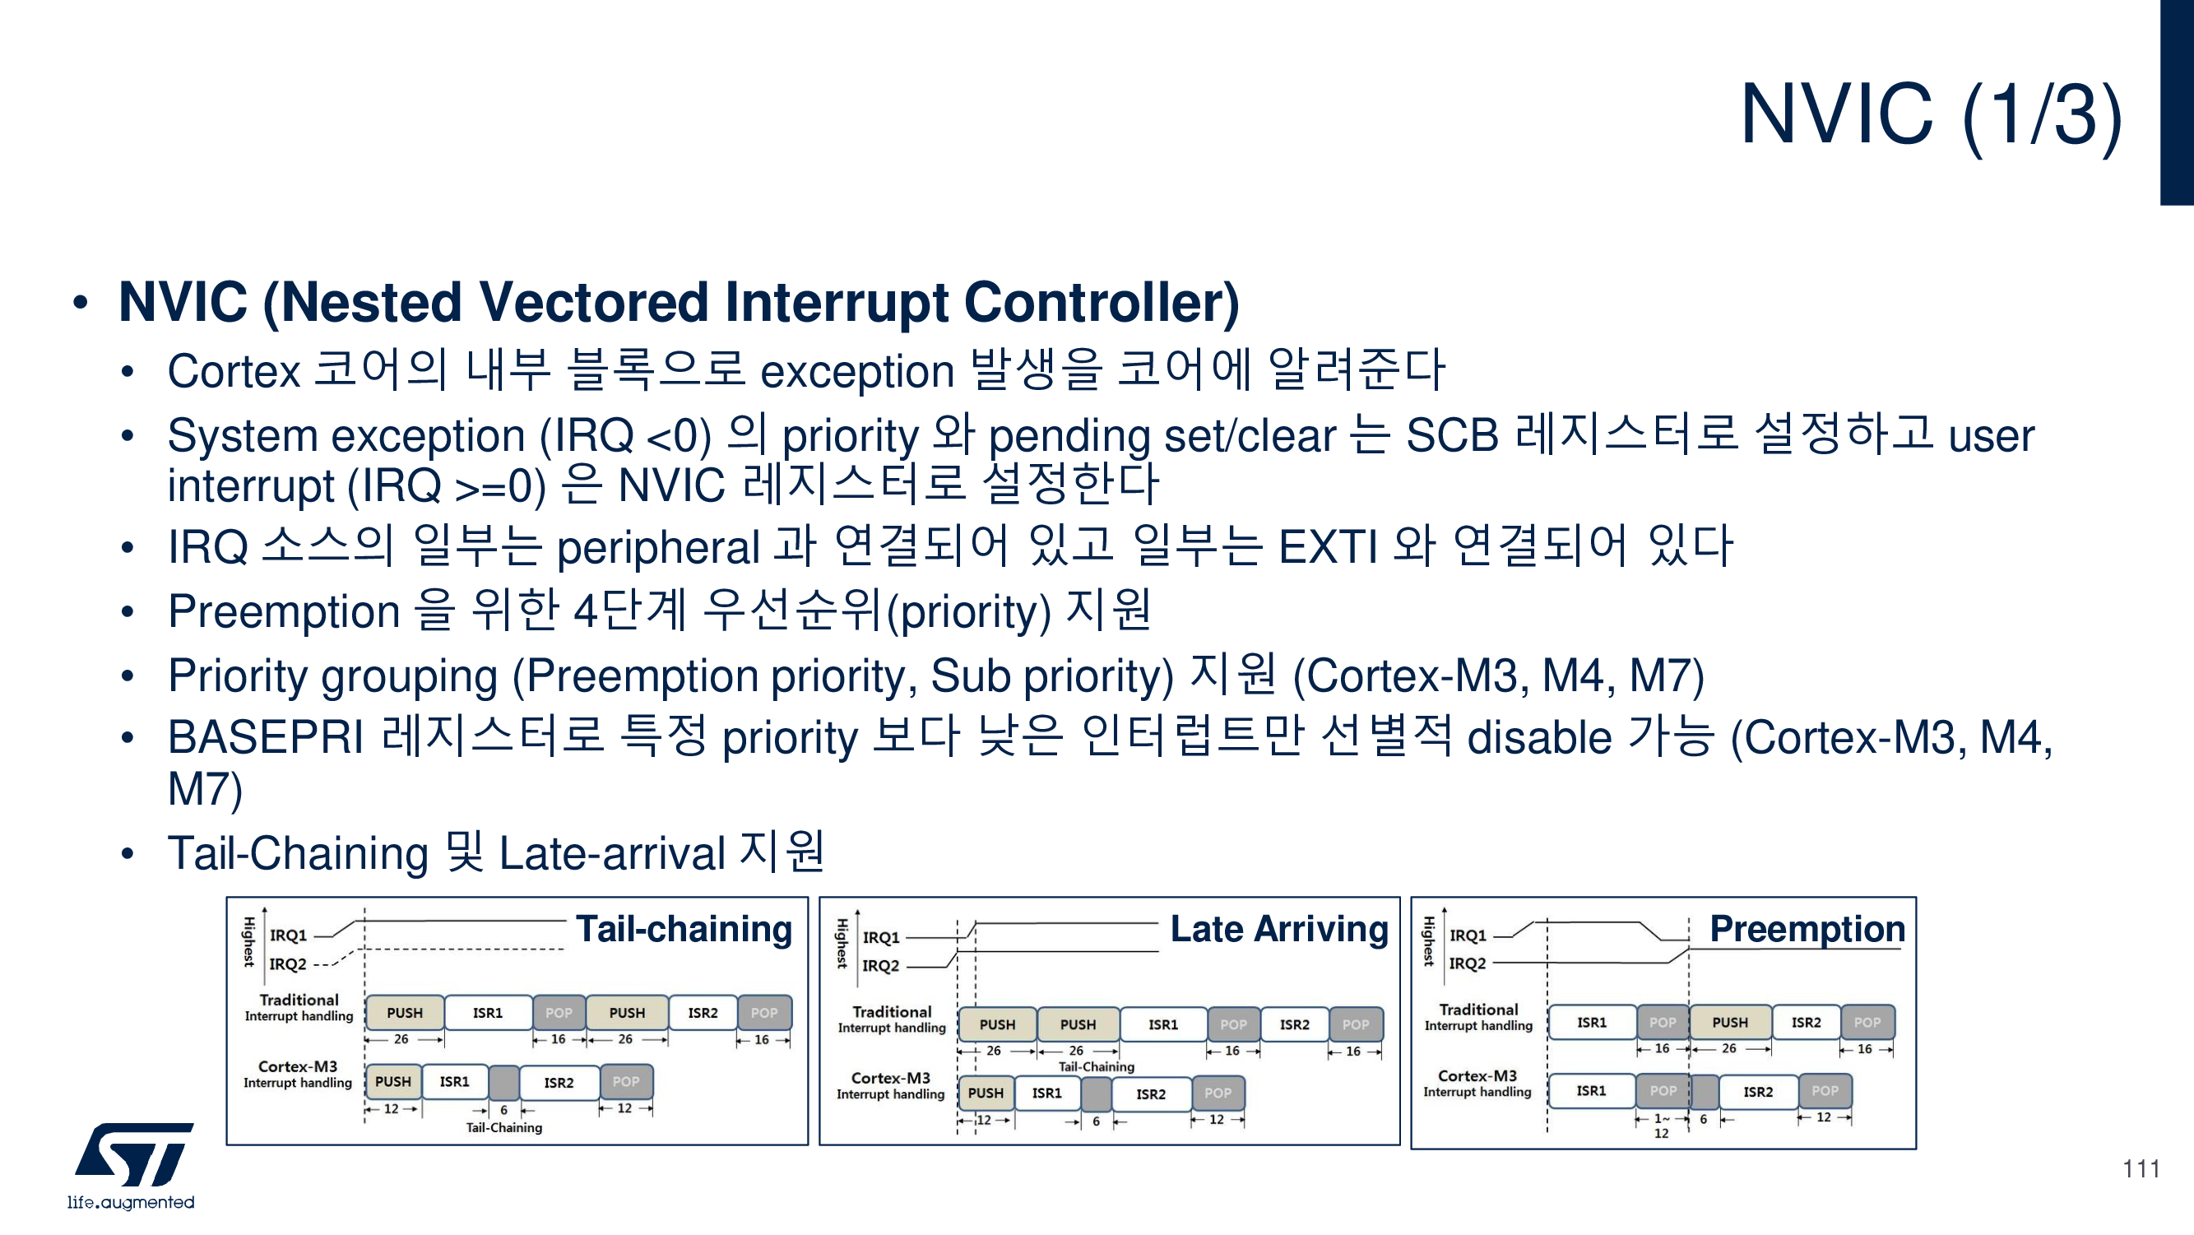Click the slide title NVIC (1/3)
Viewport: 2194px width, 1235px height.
1930,115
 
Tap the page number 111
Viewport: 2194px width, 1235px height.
2141,1168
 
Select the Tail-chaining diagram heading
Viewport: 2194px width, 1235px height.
684,928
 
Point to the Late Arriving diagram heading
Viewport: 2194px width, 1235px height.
1278,928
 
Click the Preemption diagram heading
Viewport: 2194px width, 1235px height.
1807,928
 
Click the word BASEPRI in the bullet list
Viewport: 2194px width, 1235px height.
266,737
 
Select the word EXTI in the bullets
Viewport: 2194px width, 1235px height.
1328,547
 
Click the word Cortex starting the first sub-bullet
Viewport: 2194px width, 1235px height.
234,371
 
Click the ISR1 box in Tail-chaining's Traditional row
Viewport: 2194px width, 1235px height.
488,1013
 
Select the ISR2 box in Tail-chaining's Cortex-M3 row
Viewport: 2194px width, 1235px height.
559,1083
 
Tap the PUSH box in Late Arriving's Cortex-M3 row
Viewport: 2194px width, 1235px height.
986,1093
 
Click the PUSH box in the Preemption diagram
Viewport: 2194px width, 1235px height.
1730,1022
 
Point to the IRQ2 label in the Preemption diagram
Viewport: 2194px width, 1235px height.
1468,963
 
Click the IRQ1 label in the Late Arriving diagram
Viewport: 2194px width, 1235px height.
881,938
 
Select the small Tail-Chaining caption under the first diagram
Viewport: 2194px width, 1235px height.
503,1128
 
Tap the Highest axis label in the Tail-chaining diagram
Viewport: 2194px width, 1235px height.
248,941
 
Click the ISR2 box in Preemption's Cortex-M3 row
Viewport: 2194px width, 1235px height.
1758,1091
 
